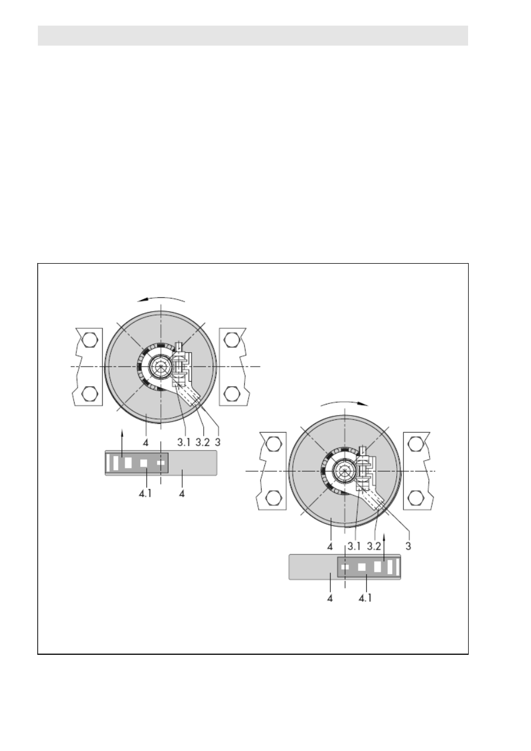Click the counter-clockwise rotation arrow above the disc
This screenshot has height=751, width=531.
click(x=161, y=298)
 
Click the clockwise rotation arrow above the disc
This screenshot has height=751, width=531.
click(x=345, y=402)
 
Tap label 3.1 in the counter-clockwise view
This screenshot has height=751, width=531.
click(x=184, y=442)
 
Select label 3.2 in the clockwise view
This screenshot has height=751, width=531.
click(x=373, y=546)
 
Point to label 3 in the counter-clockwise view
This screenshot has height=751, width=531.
click(x=218, y=442)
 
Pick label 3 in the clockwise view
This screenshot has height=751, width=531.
click(x=408, y=546)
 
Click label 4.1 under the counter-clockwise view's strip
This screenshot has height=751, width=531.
click(x=145, y=493)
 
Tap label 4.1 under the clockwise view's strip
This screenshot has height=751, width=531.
click(x=365, y=598)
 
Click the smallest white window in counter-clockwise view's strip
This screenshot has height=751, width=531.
click(x=161, y=463)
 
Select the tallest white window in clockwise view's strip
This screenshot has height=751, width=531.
click(x=390, y=567)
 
